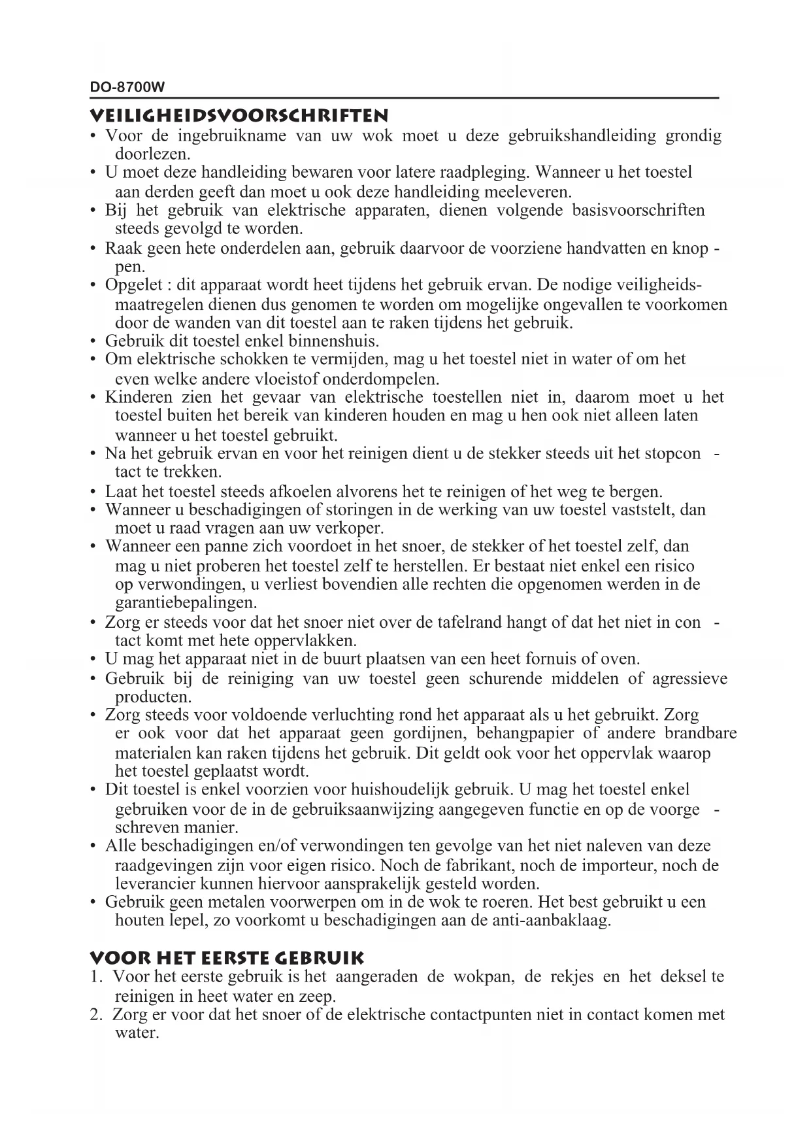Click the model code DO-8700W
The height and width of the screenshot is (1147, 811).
[127, 87]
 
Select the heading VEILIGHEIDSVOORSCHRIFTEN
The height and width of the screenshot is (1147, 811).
[239, 116]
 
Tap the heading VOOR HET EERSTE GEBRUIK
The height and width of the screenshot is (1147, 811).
[226, 959]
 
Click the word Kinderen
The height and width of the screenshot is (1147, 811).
[139, 398]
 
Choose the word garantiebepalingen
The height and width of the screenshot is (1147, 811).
[186, 602]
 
